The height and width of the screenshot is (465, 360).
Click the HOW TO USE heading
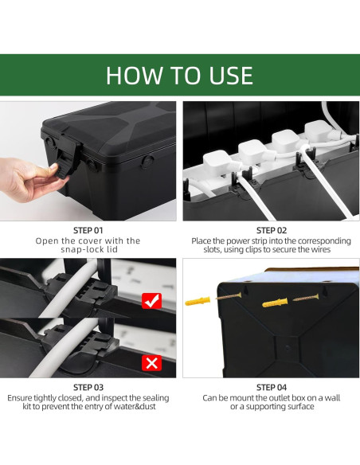point(179,76)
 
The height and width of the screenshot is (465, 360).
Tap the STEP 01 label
point(88,230)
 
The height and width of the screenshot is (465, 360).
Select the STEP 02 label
point(272,230)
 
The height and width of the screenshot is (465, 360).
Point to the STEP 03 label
point(88,388)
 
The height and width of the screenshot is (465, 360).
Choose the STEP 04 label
point(272,388)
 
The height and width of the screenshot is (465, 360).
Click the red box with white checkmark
point(151,301)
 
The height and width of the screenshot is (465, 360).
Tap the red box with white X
point(151,363)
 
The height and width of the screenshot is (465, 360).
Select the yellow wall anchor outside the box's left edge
point(198,301)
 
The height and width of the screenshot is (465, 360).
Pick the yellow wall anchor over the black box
point(275,303)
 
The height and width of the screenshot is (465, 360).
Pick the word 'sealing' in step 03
point(155,398)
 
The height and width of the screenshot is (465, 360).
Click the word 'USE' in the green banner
point(231,76)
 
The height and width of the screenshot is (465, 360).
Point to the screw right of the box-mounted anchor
point(306,298)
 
